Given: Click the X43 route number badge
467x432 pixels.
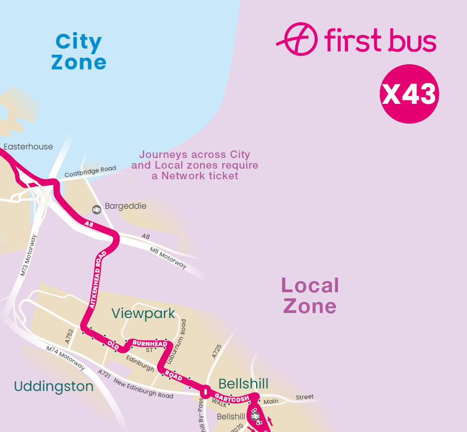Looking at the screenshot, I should (409, 94).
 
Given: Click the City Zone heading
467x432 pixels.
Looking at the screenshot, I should (79, 52).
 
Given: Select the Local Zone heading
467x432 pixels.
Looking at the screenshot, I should (309, 296).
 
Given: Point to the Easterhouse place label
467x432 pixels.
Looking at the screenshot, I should (28, 147).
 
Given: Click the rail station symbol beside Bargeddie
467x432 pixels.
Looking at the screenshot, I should (96, 209).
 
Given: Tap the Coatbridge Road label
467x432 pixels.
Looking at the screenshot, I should (90, 172).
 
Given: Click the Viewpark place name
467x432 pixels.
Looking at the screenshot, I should (143, 313).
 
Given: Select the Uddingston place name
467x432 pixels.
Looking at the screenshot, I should (54, 387).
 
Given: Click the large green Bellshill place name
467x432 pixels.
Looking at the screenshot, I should (243, 383).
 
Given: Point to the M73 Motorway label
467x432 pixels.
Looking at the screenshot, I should (28, 255).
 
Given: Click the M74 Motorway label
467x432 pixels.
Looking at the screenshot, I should (65, 357).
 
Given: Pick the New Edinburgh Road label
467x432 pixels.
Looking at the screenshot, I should (143, 388).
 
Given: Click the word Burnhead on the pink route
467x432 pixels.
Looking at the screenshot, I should (149, 344).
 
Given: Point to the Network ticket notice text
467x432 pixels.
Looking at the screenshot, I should (195, 165).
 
